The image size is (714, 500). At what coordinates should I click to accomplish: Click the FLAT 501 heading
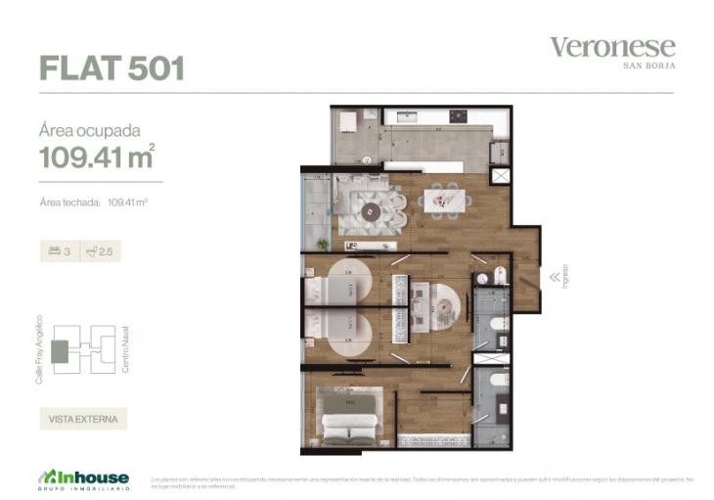tap(112, 68)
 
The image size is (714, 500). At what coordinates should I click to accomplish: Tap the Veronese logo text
tap(612, 46)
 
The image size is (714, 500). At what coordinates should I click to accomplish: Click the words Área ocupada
tap(90, 129)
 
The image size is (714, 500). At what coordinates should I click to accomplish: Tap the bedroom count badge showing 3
tap(59, 251)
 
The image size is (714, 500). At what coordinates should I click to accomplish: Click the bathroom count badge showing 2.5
tap(100, 251)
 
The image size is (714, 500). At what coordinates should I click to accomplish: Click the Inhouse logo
tap(83, 477)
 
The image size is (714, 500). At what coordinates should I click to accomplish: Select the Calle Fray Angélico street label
tap(40, 348)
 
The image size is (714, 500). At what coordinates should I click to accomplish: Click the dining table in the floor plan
tap(442, 200)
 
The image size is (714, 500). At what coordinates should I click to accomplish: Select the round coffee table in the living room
tap(370, 210)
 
